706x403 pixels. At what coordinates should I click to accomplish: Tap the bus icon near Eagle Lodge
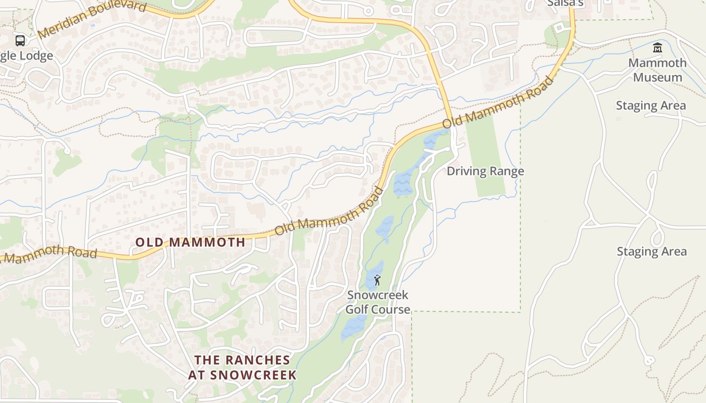pos(20,40)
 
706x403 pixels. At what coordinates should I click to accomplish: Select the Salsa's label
pos(565,4)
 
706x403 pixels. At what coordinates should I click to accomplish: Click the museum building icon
pos(657,48)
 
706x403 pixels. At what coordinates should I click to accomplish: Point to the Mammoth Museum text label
pos(658,70)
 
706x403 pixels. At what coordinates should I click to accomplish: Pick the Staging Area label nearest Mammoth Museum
pos(651,106)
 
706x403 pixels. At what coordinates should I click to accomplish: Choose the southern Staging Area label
pos(652,251)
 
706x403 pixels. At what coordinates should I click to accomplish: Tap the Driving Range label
pos(485,171)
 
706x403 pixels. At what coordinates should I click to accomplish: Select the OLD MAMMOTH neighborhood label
pos(190,242)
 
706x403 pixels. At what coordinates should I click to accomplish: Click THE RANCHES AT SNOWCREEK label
pos(243,367)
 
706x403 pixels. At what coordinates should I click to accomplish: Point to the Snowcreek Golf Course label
pos(378,302)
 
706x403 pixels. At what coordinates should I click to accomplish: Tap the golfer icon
pos(377,280)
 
